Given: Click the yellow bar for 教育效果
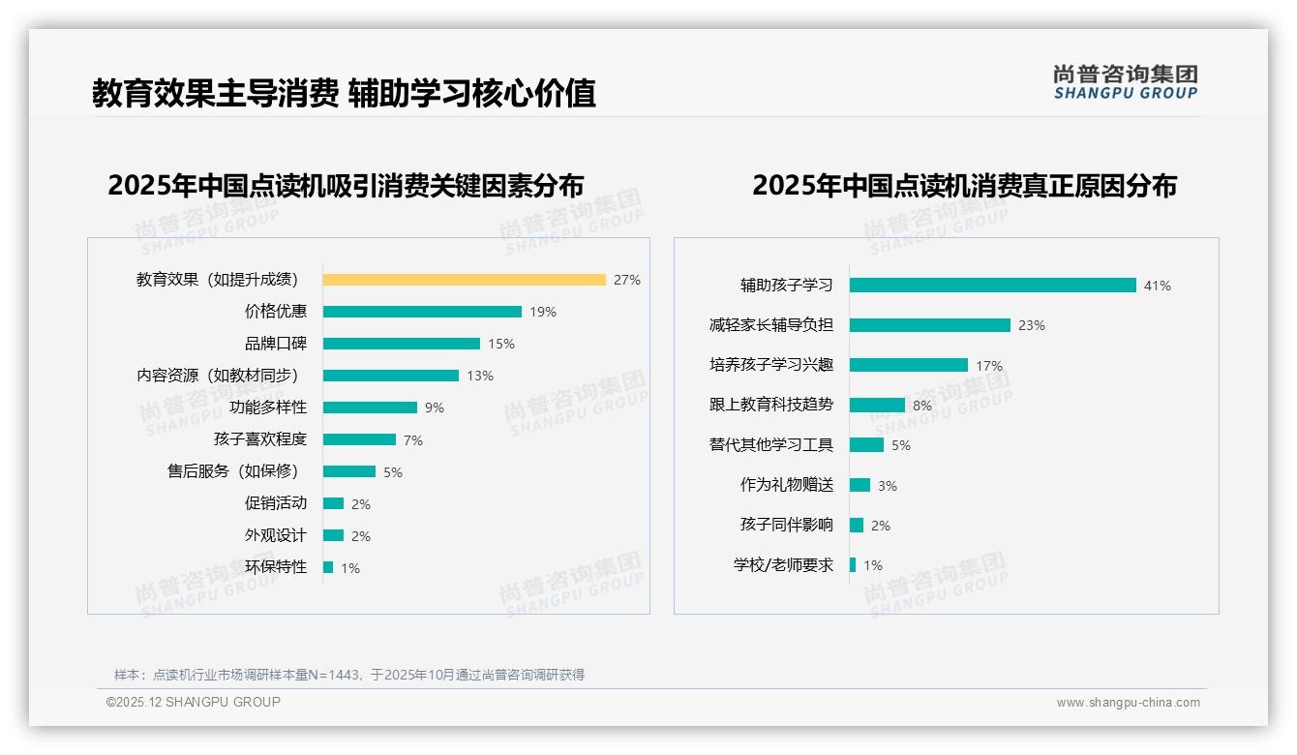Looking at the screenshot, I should click(x=464, y=280).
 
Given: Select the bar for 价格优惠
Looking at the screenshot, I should click(x=422, y=312).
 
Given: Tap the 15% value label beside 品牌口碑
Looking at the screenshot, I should click(x=501, y=344).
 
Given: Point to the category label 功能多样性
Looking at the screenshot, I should click(x=268, y=408).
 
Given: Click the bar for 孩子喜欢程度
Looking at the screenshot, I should click(x=359, y=439).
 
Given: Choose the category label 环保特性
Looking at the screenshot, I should click(x=275, y=567).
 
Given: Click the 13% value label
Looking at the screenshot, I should click(x=480, y=376).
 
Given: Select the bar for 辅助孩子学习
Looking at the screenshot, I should click(x=992, y=286).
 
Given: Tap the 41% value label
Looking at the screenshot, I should click(x=1158, y=286).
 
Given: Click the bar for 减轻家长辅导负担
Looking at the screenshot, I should click(x=929, y=325).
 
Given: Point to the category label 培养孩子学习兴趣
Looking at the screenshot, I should click(x=770, y=365).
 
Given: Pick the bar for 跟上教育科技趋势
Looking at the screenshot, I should click(x=877, y=406).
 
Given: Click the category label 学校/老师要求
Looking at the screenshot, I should click(x=783, y=565).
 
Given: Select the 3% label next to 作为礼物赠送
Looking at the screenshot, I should click(x=888, y=486).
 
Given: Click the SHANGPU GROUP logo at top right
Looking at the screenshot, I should click(x=1126, y=82).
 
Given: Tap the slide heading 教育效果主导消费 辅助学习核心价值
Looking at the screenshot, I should click(x=344, y=93).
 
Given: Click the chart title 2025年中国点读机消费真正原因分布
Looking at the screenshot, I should click(x=964, y=186).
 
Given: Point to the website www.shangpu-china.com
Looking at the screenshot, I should click(x=1128, y=703).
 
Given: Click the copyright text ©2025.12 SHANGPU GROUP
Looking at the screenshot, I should click(x=194, y=702).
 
